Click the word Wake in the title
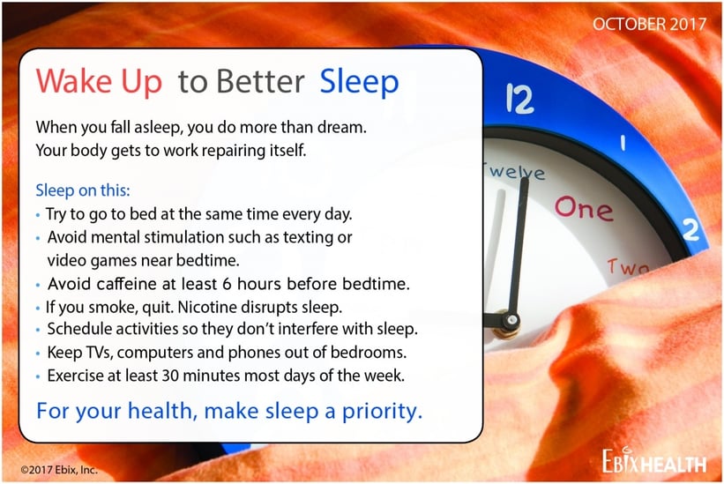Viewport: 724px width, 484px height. [73, 81]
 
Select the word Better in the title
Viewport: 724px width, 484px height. [260, 81]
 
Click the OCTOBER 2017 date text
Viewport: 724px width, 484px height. [650, 24]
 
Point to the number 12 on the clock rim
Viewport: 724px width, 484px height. [519, 98]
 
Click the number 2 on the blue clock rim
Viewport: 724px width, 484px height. [691, 229]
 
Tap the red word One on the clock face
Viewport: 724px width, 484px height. [584, 209]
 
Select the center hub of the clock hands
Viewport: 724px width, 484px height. [511, 319]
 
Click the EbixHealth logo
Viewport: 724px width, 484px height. [653, 460]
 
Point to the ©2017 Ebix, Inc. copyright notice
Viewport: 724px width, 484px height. [59, 470]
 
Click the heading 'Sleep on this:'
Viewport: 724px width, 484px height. [83, 190]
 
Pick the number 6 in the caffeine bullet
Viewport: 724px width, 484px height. [227, 284]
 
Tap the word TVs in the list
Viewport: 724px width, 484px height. [99, 353]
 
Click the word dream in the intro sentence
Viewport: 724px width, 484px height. [341, 127]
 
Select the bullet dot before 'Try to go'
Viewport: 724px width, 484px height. [38, 215]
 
